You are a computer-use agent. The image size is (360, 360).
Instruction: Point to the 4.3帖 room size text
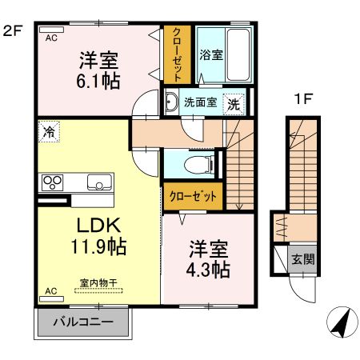click(210, 269)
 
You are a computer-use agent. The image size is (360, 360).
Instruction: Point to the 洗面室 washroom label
click(201, 102)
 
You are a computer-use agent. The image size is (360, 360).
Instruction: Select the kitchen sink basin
click(100, 181)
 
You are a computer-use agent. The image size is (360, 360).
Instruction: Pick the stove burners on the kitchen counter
click(53, 181)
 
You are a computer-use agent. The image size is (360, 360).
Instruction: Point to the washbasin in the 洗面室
click(172, 102)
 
